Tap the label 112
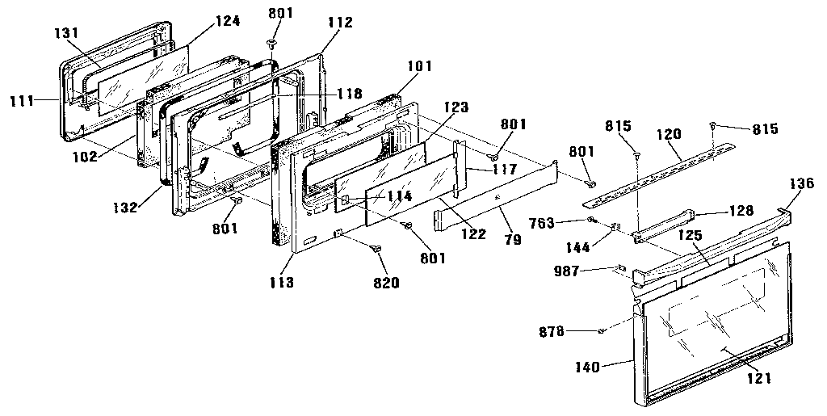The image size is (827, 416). point(340,23)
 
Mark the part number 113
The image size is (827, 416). point(283,283)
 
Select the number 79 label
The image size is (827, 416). point(512,241)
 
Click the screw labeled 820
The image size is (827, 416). point(376,250)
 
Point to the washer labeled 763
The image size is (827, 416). point(592,220)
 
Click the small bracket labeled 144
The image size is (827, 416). point(615,228)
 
